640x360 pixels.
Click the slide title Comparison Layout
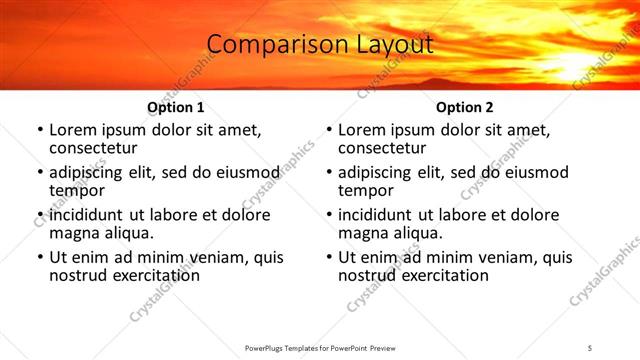320,45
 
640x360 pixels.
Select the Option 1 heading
175,107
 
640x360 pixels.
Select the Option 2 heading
464,107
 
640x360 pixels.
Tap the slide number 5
590,347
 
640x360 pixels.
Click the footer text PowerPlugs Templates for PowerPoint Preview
320,347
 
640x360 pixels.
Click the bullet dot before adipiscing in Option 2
329,173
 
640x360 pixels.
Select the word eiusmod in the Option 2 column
534,173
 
